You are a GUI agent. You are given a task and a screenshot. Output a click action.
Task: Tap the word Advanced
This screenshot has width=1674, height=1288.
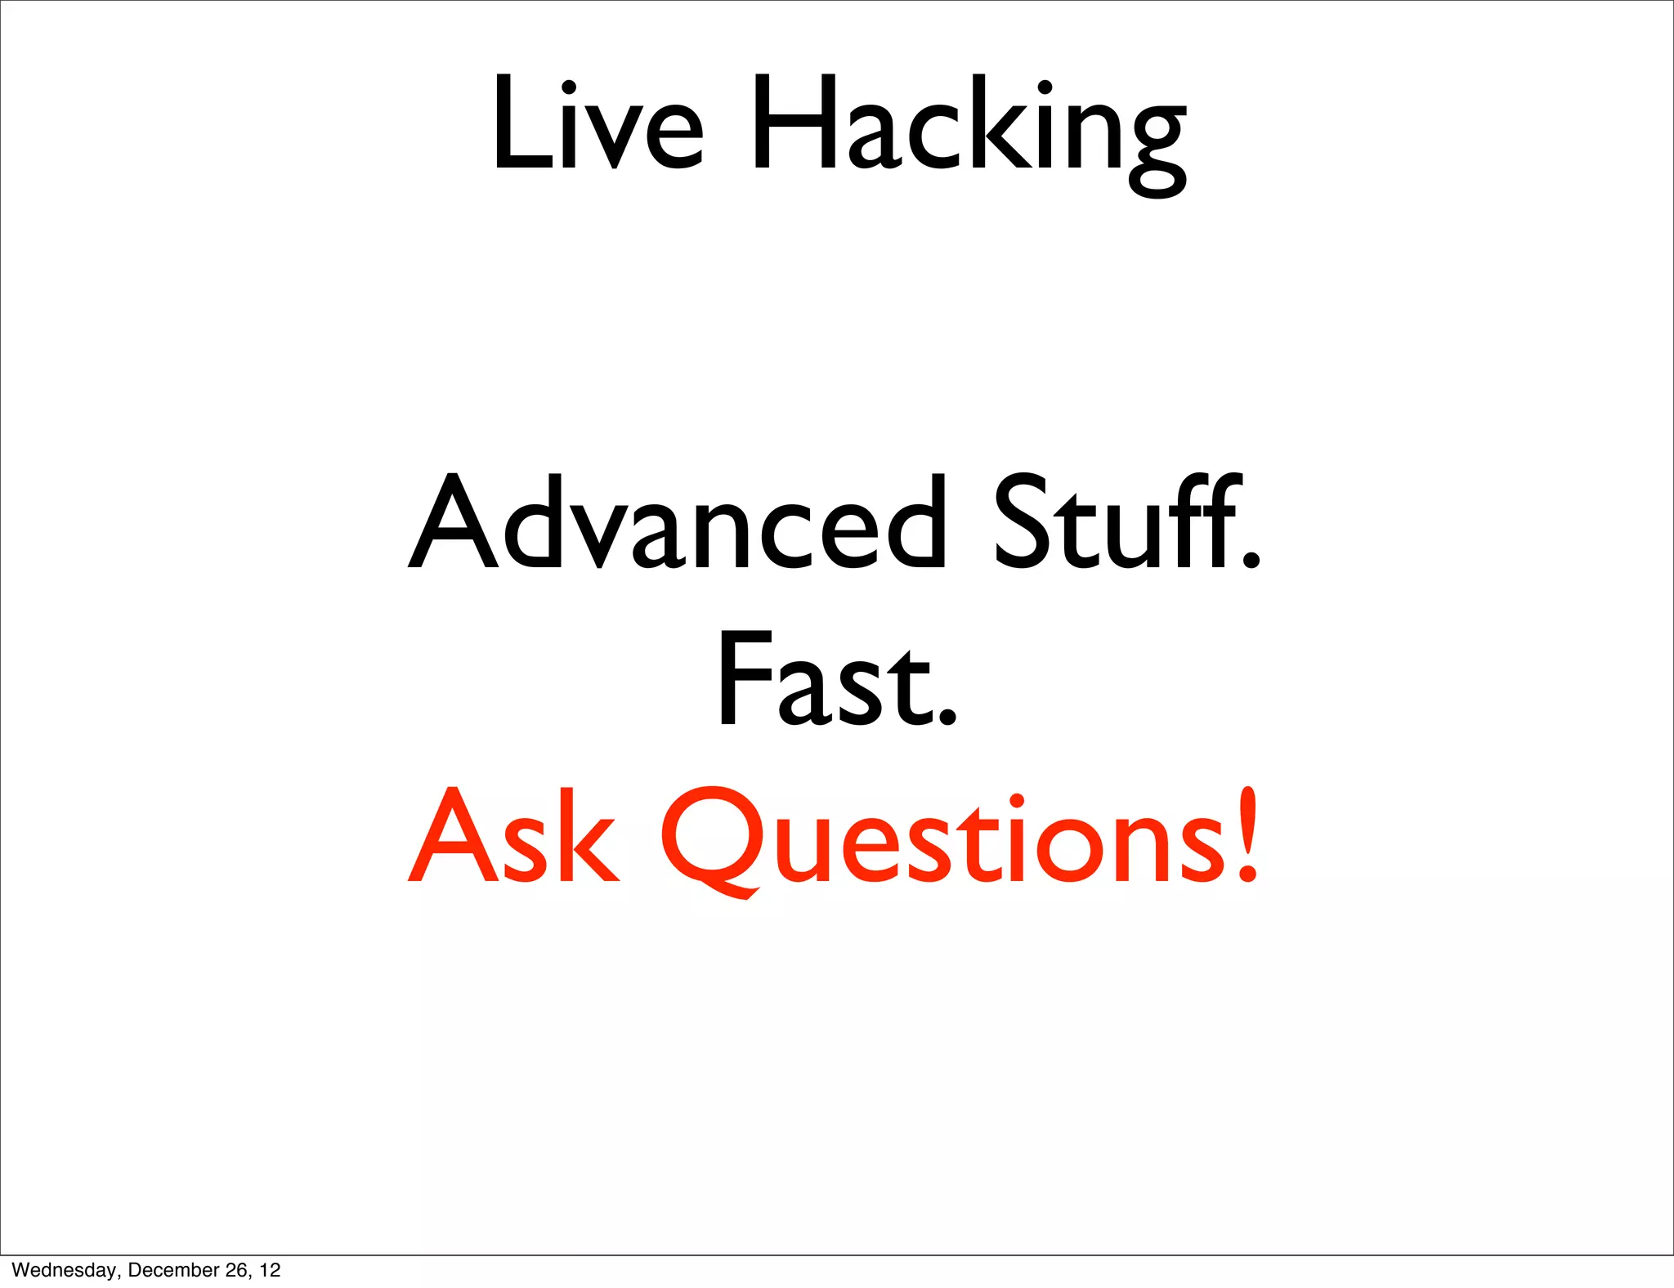(x=678, y=523)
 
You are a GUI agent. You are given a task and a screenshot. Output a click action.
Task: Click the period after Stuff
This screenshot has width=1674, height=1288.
(x=1251, y=559)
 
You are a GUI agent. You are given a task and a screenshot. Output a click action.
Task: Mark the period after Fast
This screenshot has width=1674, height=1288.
(x=947, y=716)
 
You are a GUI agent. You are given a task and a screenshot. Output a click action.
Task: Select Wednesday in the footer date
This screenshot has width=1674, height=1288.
(x=64, y=1270)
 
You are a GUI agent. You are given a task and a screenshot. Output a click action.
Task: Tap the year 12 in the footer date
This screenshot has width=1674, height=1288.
(x=271, y=1270)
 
